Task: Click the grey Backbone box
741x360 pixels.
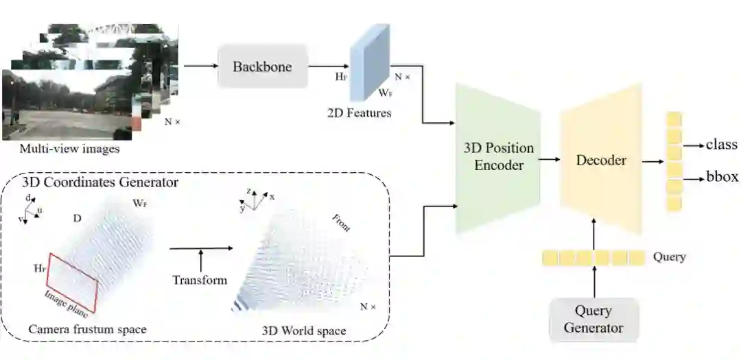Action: click(x=262, y=67)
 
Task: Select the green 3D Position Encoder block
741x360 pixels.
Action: click(x=498, y=157)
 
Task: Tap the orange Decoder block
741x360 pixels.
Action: click(x=601, y=160)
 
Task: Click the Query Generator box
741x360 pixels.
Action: click(x=593, y=320)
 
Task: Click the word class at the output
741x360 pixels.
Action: click(x=721, y=145)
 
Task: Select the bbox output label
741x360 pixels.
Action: click(x=722, y=177)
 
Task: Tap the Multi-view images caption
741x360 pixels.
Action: click(x=69, y=149)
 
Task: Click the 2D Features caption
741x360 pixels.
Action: click(x=359, y=112)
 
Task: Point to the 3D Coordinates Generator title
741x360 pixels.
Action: click(x=100, y=182)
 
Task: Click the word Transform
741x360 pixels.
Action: click(x=200, y=280)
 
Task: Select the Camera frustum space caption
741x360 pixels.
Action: click(x=87, y=329)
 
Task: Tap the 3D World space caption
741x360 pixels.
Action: click(x=304, y=331)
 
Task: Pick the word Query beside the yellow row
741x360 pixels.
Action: click(x=670, y=257)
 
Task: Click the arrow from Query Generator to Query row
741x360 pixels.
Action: click(x=594, y=282)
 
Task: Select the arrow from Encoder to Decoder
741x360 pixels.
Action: click(x=549, y=160)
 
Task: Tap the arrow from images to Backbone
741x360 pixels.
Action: click(x=198, y=67)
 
